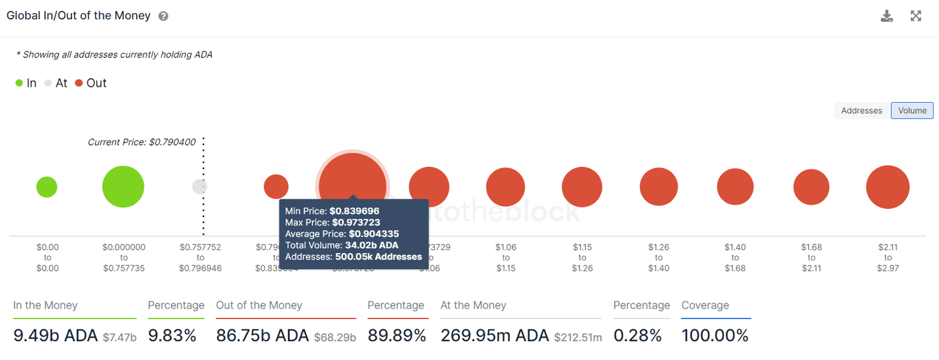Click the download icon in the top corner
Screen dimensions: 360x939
coord(886,16)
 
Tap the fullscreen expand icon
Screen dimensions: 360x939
coord(916,16)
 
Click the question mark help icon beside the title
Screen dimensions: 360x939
coord(163,17)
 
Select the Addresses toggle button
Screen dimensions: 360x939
coord(861,111)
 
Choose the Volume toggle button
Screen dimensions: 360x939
coord(912,111)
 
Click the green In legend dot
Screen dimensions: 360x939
coord(20,83)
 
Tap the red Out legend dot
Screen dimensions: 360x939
coord(79,83)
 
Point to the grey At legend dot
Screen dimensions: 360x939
coord(48,83)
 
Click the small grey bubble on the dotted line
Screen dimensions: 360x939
coord(200,186)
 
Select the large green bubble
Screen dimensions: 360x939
coord(123,186)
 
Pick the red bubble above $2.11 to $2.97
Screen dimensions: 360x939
coord(888,187)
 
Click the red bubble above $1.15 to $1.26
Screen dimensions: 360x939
coord(582,186)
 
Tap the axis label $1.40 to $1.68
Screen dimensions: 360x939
coord(735,257)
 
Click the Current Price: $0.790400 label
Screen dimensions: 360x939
coord(141,142)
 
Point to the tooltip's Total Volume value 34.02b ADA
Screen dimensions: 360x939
coord(371,245)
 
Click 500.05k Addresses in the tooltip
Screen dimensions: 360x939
coord(378,257)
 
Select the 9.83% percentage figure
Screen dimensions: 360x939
coord(172,336)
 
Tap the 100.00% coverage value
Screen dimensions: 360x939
coord(715,336)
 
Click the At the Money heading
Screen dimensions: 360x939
coord(473,305)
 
